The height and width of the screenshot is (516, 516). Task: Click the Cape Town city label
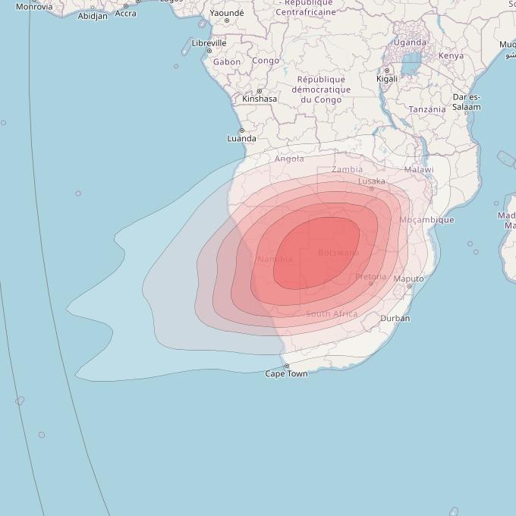(x=286, y=374)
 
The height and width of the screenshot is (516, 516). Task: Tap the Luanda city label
(x=242, y=139)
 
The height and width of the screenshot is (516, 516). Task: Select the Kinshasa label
(x=260, y=99)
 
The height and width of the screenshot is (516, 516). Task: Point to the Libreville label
(x=209, y=43)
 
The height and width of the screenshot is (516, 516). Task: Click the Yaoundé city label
(x=227, y=13)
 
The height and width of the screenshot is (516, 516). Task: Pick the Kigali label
(x=387, y=79)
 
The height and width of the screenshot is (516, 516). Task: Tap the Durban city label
(x=395, y=319)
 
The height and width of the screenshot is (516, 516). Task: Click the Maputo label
(x=410, y=279)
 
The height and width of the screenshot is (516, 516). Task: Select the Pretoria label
(x=370, y=277)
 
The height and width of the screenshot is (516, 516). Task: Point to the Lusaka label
(x=372, y=181)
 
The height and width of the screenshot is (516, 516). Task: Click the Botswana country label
(x=338, y=253)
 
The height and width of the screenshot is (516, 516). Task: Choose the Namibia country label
(x=275, y=260)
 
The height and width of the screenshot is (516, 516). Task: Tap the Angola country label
(x=289, y=159)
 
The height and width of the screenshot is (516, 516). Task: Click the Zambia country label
(x=347, y=169)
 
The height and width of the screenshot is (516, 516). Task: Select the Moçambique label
(x=426, y=220)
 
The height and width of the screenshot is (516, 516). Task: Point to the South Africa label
(x=332, y=314)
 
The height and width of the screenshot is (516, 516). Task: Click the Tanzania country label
(x=427, y=109)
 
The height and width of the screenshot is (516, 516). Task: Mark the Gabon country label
(x=227, y=62)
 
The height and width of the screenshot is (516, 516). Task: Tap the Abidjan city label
(x=93, y=16)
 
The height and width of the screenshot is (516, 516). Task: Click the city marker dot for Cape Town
(x=286, y=367)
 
